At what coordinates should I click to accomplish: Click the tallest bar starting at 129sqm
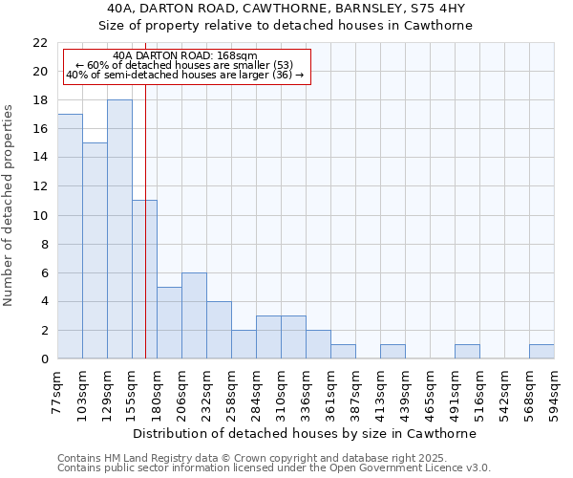coord(119,229)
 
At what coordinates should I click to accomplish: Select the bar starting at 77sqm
coord(70,236)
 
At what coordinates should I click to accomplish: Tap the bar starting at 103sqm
coord(95,250)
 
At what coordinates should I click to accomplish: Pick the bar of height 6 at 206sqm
coord(194,315)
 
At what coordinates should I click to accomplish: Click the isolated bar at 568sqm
coord(541,352)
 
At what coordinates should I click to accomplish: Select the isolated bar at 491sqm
coord(467,352)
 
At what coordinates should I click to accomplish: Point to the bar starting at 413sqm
coord(393,352)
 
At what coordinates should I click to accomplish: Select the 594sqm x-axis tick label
coord(555,394)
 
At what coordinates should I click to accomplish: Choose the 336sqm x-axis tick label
coord(307,394)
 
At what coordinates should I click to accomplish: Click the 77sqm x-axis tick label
coord(58,394)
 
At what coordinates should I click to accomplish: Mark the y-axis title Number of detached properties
coord(9,205)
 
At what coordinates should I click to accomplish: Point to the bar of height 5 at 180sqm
coord(169,323)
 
